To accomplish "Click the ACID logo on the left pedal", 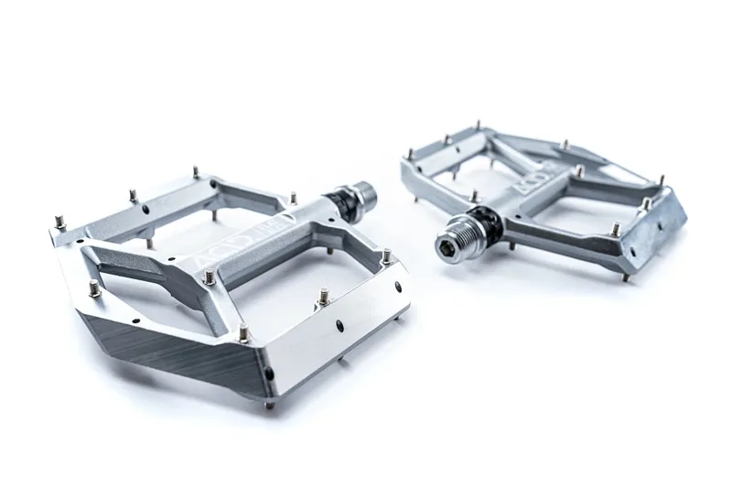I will coord(212,259).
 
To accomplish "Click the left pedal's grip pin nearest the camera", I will coord(244,333).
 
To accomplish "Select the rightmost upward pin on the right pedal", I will coord(646,202).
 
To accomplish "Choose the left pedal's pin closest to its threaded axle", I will coord(294,197).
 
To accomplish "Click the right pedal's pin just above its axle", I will coord(475,195).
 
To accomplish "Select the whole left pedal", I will coord(229,275).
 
